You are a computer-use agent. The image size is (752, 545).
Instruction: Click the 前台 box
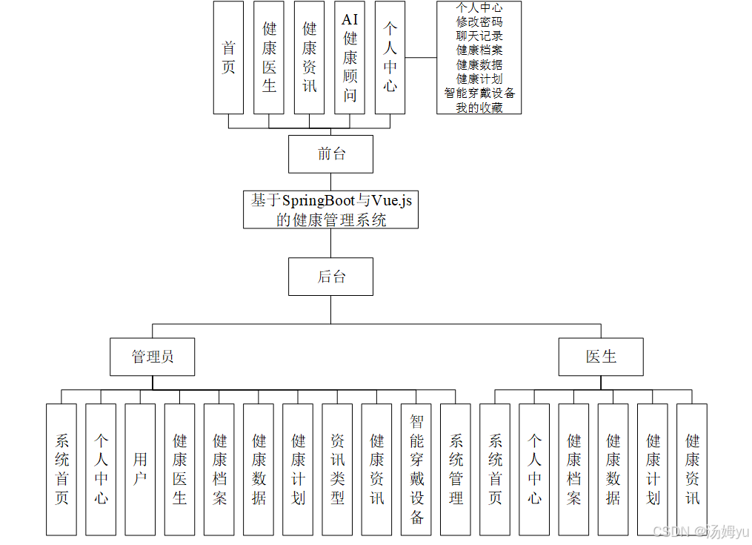click(330, 154)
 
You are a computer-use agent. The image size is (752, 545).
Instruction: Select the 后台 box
click(330, 277)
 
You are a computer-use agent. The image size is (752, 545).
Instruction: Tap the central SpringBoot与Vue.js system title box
click(330, 210)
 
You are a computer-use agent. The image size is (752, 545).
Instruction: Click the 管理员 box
click(153, 357)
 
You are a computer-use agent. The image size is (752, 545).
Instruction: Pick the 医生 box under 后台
click(601, 357)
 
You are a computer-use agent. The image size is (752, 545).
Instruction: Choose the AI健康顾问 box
click(350, 58)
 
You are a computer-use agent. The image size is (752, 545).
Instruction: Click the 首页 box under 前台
click(228, 58)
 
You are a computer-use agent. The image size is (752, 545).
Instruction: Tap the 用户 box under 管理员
click(140, 469)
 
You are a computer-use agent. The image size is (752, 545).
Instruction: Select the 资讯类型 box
click(337, 469)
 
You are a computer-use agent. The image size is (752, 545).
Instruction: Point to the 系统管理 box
click(456, 469)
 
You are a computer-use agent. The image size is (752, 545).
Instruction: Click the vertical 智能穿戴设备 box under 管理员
click(416, 469)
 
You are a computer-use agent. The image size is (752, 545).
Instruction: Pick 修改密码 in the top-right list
click(479, 22)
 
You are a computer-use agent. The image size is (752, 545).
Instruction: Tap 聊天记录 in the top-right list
click(479, 36)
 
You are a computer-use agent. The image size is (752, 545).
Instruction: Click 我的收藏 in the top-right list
click(479, 107)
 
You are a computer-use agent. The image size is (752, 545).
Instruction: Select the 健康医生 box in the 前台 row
click(269, 58)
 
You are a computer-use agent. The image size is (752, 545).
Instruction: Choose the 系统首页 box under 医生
click(495, 469)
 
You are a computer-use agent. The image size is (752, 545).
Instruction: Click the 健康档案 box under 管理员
click(219, 469)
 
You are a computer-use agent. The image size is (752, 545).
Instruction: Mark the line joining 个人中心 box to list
click(421, 58)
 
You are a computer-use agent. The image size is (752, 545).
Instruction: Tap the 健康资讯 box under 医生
click(692, 469)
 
